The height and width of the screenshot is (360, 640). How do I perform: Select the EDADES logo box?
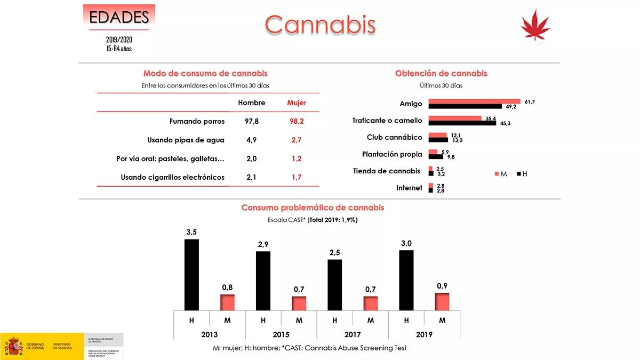pyautogui.click(x=119, y=17)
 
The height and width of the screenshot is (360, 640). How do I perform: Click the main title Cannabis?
pyautogui.click(x=320, y=24)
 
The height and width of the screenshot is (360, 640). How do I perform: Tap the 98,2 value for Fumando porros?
pyautogui.click(x=297, y=121)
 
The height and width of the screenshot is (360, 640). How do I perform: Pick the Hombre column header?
pyautogui.click(x=252, y=102)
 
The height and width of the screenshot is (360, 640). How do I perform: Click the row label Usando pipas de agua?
pyautogui.click(x=186, y=140)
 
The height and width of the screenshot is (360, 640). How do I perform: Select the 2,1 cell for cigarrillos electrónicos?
pyautogui.click(x=252, y=177)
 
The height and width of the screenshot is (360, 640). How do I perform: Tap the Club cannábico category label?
pyautogui.click(x=394, y=137)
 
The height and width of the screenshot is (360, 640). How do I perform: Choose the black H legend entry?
pyautogui.click(x=522, y=174)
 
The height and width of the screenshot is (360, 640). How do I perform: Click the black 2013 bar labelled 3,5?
pyautogui.click(x=191, y=275)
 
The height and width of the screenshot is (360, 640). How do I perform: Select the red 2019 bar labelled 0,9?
pyautogui.click(x=442, y=301)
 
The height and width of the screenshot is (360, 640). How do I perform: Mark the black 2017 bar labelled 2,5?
pyautogui.click(x=334, y=285)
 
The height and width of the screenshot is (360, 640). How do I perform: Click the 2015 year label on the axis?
pyautogui.click(x=281, y=334)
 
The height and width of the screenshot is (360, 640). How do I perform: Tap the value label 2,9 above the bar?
pyautogui.click(x=263, y=244)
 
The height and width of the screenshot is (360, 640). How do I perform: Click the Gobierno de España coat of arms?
pyautogui.click(x=13, y=346)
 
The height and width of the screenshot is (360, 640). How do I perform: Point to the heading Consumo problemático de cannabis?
pyautogui.click(x=313, y=207)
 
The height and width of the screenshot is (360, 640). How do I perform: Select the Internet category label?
pyautogui.click(x=409, y=188)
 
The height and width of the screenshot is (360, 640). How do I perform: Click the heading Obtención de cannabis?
pyautogui.click(x=441, y=74)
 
